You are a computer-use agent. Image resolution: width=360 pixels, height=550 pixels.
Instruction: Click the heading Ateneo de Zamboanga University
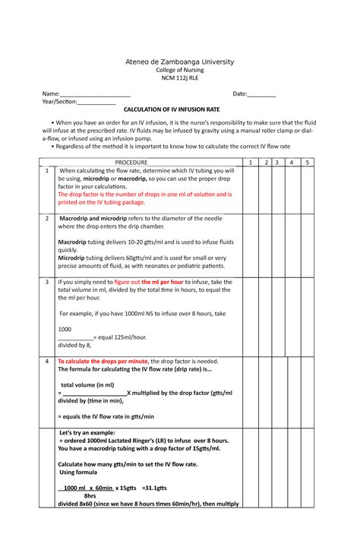point(180,62)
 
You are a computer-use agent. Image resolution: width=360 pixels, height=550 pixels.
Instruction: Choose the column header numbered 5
point(306,163)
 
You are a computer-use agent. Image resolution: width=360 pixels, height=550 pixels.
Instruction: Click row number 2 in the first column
point(46,219)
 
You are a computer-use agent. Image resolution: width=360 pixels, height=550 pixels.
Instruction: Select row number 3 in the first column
point(46,282)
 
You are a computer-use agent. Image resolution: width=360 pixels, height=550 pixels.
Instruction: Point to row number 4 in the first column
point(46,361)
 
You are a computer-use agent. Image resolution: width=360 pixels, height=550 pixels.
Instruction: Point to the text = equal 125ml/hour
point(120,337)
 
